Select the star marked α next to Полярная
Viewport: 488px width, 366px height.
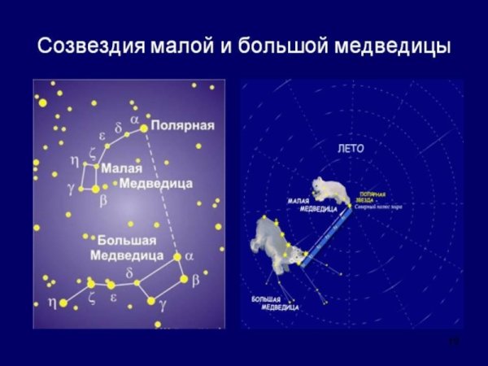click(x=144, y=128)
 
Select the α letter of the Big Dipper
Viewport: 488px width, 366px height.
click(x=190, y=255)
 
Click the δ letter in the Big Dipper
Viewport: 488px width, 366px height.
click(x=129, y=272)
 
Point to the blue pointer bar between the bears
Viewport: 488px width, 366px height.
click(x=325, y=235)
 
